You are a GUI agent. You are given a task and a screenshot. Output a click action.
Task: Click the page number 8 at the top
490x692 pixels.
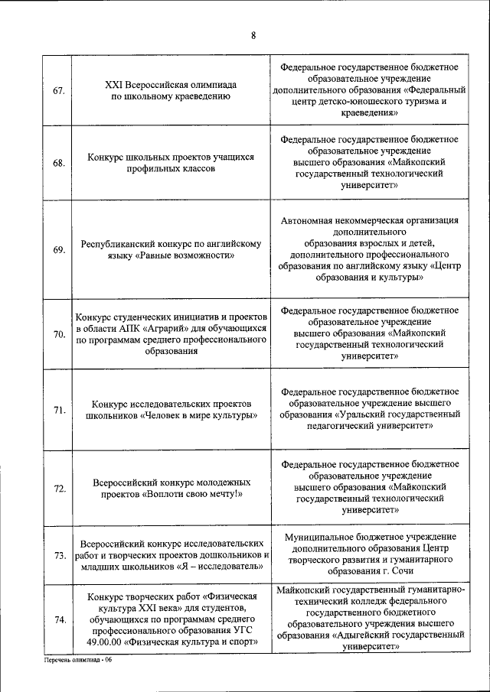click(x=253, y=34)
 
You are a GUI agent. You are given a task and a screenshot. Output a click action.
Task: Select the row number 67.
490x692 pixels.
click(x=58, y=91)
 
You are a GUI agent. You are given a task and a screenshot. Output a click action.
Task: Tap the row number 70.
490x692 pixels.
click(x=58, y=334)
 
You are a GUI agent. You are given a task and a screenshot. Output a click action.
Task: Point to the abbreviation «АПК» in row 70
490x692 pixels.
click(x=129, y=327)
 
